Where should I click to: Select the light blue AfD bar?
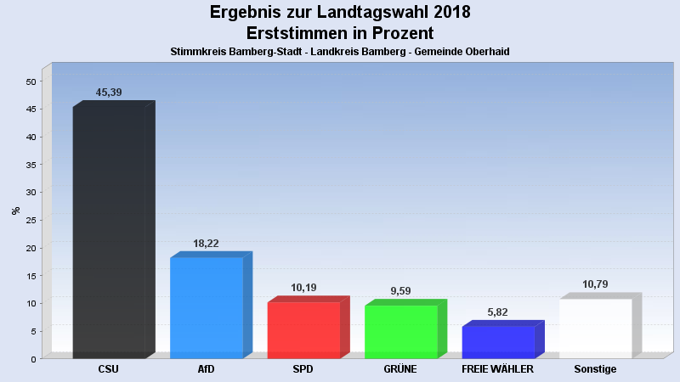tap(207, 307)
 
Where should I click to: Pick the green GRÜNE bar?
tap(401, 331)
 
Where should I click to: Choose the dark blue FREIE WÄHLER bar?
tap(498, 341)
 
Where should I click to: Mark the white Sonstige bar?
tap(595, 328)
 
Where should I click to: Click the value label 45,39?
tap(109, 92)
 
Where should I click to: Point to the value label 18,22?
tap(207, 243)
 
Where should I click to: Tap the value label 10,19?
tap(303, 288)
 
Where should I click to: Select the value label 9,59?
tap(401, 291)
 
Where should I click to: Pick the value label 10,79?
tap(595, 284)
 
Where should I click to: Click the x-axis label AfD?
tap(207, 369)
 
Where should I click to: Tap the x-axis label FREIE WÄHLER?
tap(498, 369)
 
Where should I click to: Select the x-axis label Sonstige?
tap(595, 369)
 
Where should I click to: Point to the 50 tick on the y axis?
tap(31, 81)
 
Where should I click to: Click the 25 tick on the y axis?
tap(31, 220)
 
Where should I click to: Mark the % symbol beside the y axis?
tap(15, 211)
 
